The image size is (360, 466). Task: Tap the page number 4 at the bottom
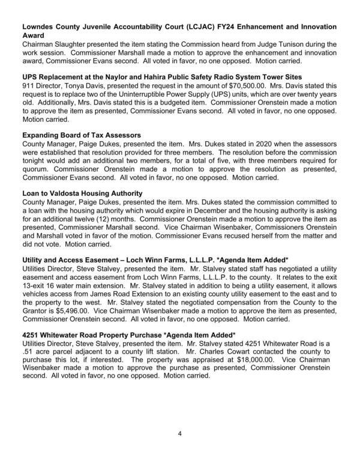(179, 433)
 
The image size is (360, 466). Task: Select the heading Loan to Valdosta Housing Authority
(82, 193)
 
